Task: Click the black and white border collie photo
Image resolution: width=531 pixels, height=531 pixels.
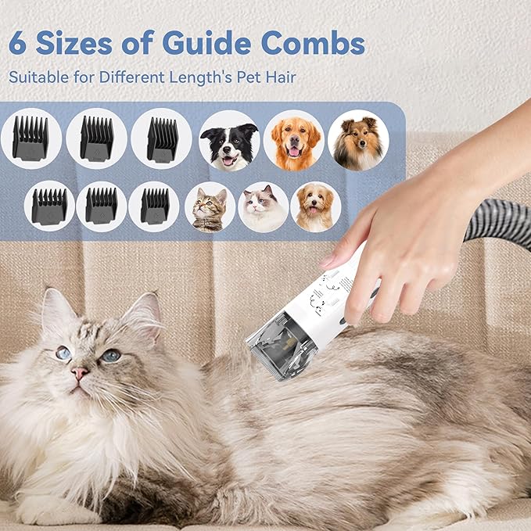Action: point(228,139)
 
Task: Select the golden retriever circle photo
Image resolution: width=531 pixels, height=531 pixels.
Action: point(293,139)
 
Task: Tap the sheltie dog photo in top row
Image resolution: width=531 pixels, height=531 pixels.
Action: point(357,139)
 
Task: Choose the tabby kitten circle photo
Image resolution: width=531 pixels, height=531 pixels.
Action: point(210,206)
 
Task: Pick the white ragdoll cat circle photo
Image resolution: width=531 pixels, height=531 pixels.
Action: point(263,206)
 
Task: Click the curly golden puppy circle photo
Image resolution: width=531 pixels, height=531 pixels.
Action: point(315,206)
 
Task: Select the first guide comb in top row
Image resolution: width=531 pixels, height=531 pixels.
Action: point(31,138)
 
